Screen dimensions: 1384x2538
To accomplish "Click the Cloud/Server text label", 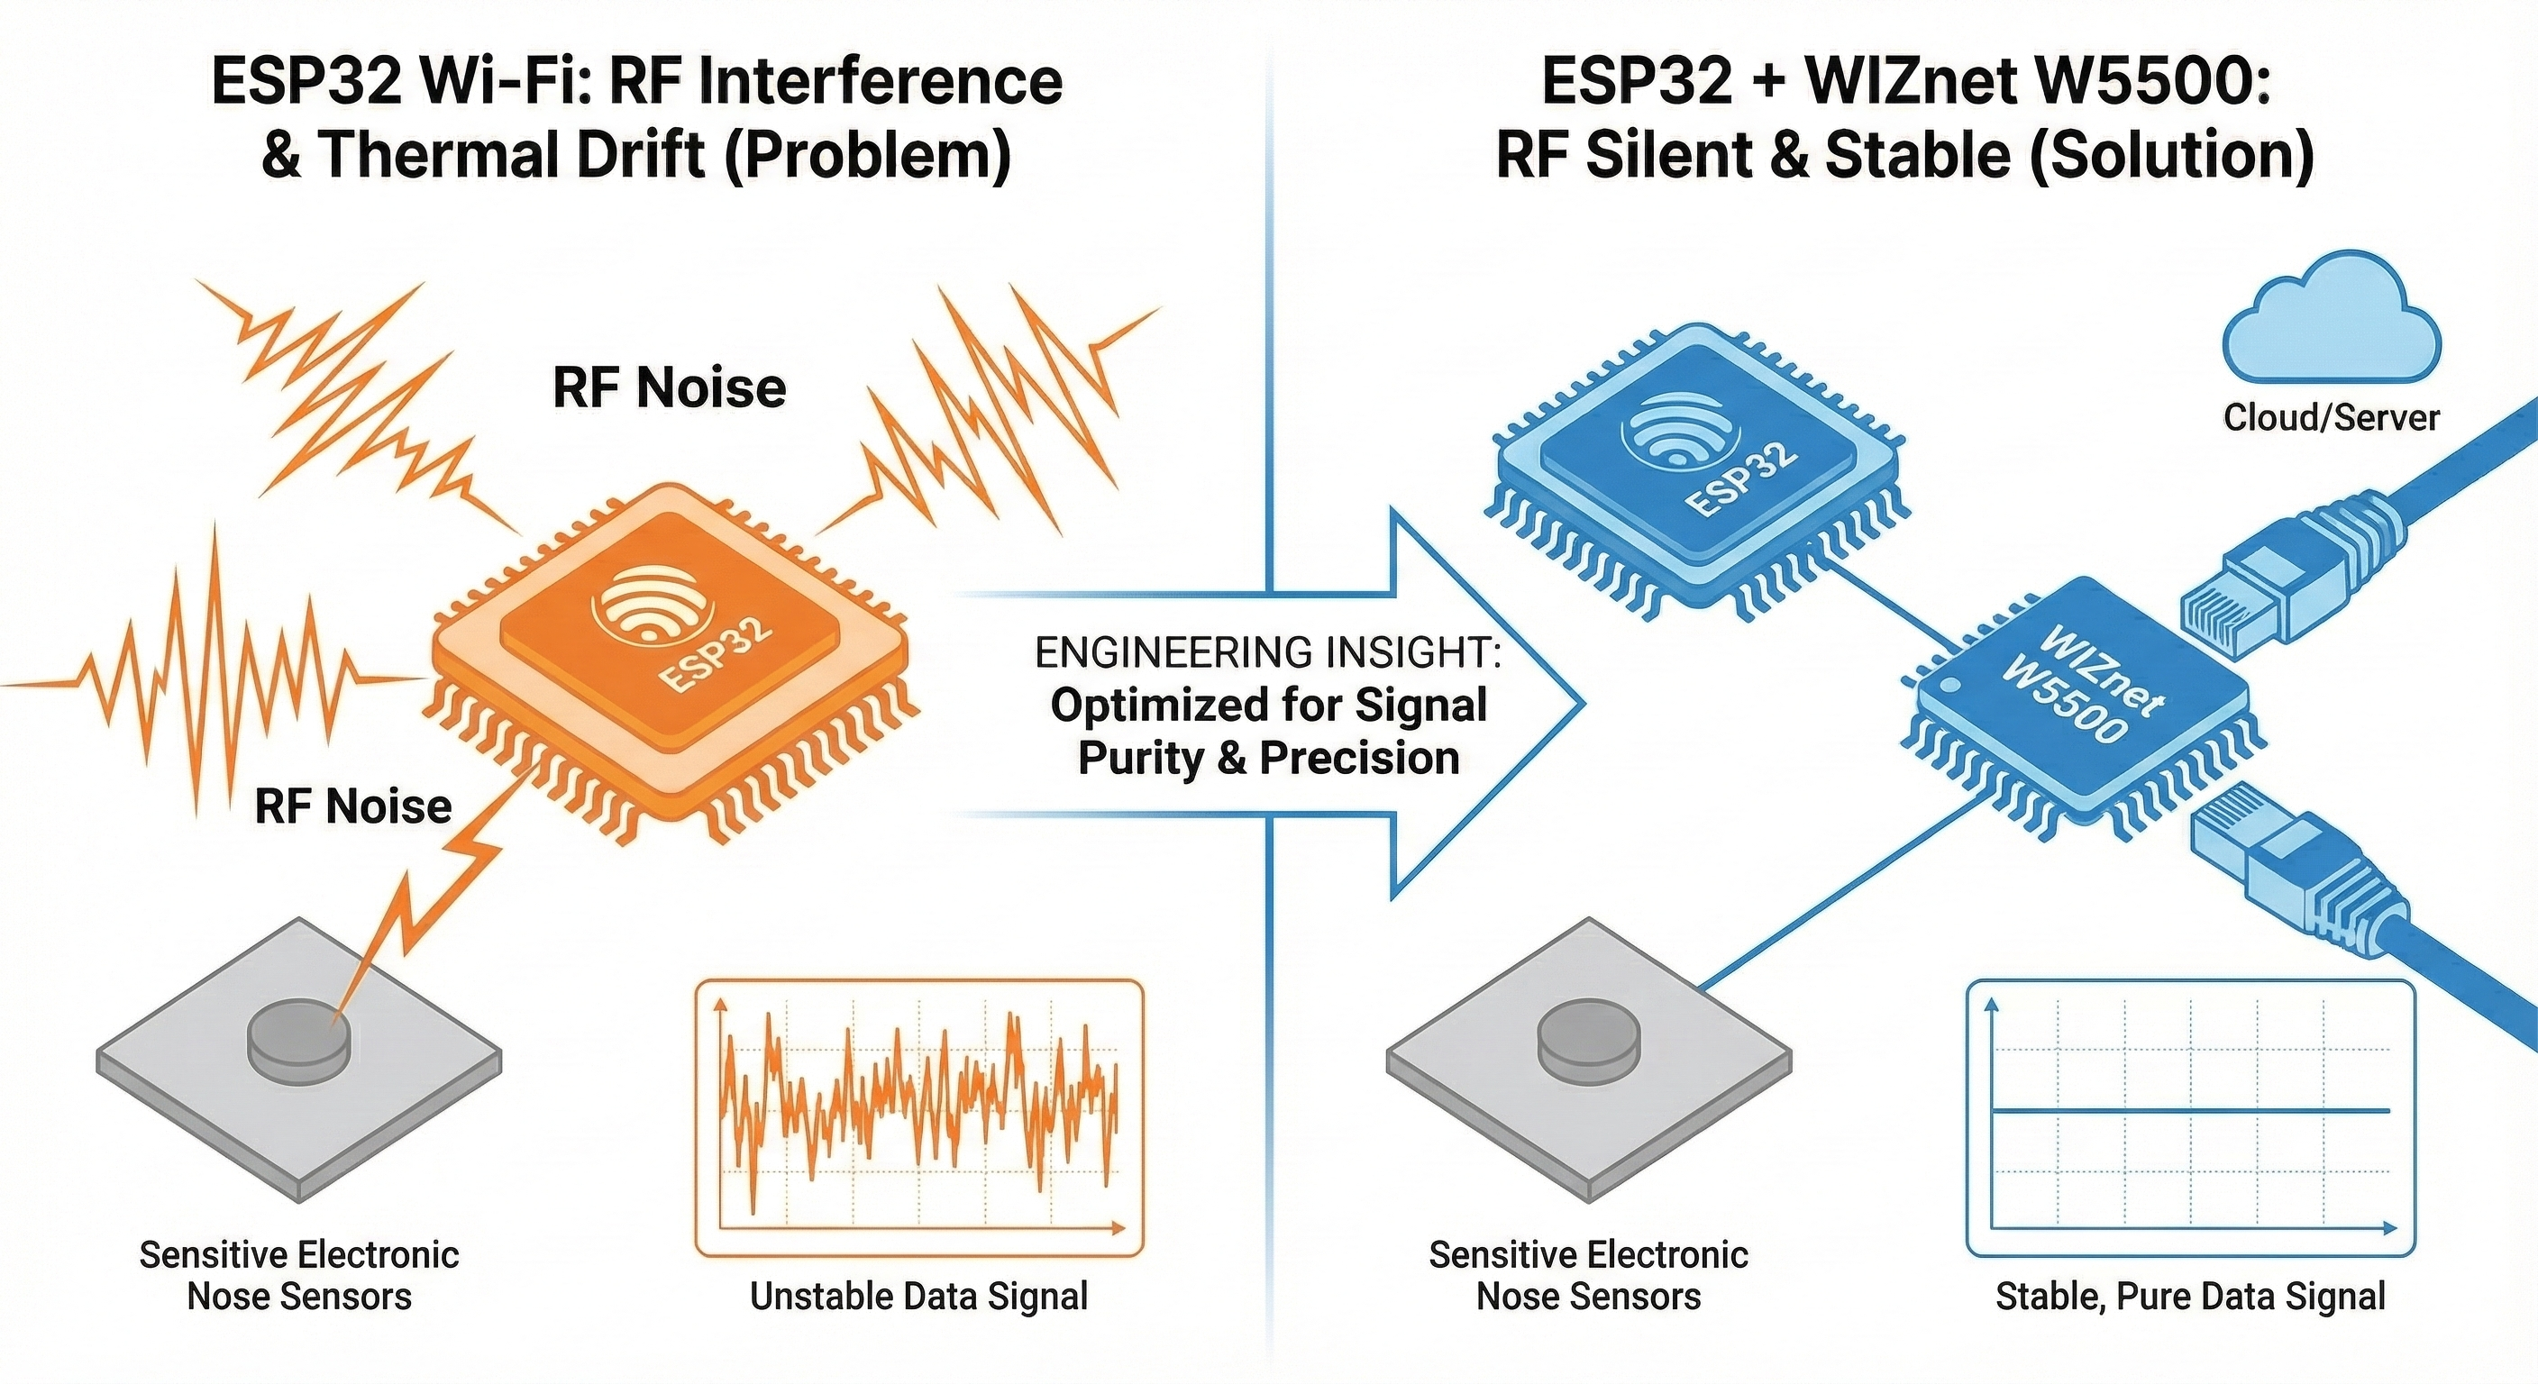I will pyautogui.click(x=2331, y=418).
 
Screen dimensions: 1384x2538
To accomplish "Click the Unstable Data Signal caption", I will pyautogui.click(x=918, y=1296).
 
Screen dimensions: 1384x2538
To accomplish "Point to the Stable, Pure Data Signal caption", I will pyautogui.click(x=2190, y=1296).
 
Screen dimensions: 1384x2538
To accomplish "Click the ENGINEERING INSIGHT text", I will pyautogui.click(x=1268, y=653).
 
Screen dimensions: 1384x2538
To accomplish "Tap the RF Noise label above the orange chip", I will pyautogui.click(x=669, y=387).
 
